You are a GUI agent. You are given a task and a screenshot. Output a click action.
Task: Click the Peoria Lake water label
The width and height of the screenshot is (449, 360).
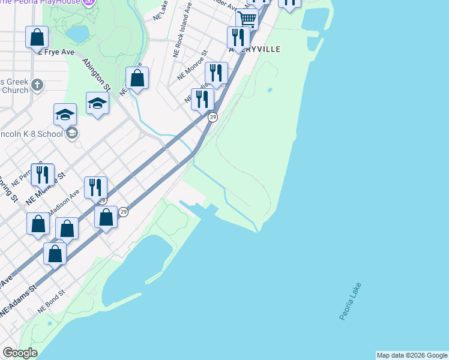point(351,301)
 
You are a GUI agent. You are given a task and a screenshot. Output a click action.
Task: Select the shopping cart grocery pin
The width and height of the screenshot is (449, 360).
point(247,19)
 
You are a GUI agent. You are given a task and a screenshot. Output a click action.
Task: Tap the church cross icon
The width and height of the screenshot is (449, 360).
point(37,85)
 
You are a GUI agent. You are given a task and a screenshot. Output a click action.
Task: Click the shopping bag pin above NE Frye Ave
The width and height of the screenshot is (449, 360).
point(37,37)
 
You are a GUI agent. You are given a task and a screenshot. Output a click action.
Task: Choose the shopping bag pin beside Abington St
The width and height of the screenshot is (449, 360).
point(137,77)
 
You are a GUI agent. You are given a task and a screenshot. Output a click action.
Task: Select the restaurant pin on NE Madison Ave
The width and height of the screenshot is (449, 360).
point(95,187)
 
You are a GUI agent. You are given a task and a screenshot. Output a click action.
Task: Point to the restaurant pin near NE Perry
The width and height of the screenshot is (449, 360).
point(42,174)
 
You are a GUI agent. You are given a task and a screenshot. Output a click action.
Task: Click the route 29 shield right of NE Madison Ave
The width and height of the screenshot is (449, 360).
point(123,212)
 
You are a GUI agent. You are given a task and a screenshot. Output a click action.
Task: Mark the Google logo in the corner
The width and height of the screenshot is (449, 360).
point(20,353)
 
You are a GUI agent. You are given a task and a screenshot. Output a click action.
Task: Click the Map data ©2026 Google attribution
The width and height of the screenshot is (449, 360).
point(412,355)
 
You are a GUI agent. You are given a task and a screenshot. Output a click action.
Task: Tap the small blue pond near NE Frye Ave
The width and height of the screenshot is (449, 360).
point(78,34)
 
